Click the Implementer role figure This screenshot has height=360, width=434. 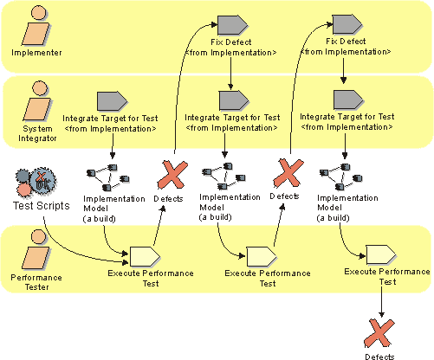36,25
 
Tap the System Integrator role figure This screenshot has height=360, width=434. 37,100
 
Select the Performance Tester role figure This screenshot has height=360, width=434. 36,249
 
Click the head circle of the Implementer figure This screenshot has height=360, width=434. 39,13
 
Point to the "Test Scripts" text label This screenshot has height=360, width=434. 42,206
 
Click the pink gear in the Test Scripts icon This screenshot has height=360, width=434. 23,190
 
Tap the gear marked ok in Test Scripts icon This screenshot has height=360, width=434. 43,180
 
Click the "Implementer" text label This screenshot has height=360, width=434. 36,53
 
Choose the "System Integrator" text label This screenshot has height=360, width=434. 37,133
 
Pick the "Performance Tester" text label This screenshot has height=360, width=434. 36,282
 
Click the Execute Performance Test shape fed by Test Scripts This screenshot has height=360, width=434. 146,256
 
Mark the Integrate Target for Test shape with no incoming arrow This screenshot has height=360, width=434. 112,101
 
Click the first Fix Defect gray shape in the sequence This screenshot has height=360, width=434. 232,25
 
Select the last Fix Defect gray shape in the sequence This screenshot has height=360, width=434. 347,24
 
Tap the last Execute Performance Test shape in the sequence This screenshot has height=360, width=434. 381,254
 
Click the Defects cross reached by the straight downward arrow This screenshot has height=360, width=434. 379,333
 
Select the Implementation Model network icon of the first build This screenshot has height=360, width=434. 108,177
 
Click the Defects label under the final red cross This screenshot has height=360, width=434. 379,357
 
